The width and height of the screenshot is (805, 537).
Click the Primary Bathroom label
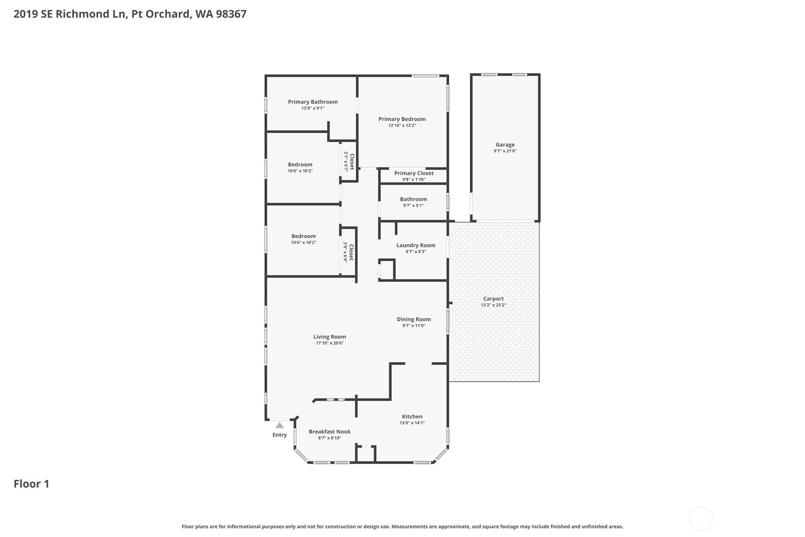313,102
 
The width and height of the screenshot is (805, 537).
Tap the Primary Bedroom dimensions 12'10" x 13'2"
402,125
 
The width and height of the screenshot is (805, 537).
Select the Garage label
505,144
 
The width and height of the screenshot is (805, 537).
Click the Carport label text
493,299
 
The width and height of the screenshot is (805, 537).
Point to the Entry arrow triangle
279,425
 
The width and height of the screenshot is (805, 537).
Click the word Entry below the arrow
279,435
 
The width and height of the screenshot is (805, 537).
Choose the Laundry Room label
416,245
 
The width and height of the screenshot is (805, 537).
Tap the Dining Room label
414,319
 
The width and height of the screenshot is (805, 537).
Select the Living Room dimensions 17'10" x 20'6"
330,343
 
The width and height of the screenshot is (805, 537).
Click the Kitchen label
412,416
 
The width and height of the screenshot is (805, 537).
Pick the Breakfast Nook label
330,432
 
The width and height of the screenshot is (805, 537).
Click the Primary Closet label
414,173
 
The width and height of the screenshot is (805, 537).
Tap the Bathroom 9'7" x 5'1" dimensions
413,206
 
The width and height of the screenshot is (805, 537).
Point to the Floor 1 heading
31,484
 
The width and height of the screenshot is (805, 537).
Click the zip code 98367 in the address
231,14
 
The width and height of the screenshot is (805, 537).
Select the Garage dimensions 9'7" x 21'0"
505,151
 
